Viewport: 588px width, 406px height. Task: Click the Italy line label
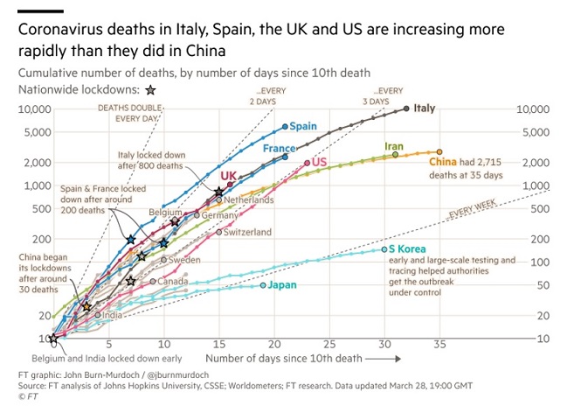click(424, 108)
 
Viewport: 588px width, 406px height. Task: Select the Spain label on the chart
click(302, 126)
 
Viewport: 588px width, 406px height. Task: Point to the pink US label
click(319, 163)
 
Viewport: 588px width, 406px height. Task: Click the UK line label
click(229, 176)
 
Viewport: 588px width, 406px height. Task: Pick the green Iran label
click(394, 146)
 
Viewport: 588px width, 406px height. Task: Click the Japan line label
click(281, 284)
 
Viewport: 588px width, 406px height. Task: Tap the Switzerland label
click(247, 232)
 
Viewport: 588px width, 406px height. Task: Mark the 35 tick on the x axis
click(439, 344)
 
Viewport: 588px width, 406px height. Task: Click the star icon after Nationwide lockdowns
click(150, 89)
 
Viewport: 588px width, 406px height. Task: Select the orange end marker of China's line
click(439, 151)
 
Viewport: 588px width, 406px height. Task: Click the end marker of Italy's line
click(406, 108)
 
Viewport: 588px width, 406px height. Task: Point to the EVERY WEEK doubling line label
click(473, 212)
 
